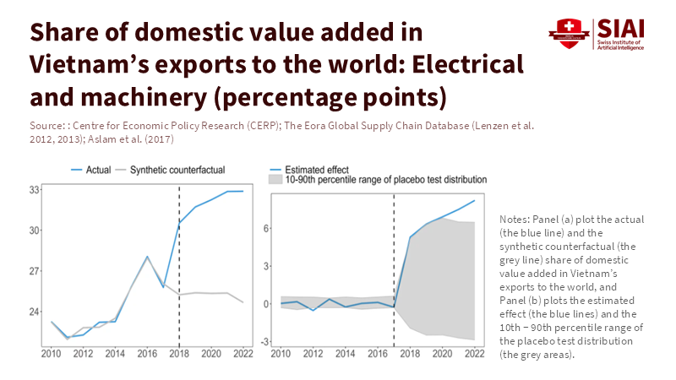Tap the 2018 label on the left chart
point(179,353)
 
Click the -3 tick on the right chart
point(264,341)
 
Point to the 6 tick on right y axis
point(265,228)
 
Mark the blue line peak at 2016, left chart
point(148,257)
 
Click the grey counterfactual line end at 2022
point(243,302)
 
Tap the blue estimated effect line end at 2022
point(474,200)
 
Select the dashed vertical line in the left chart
point(179,270)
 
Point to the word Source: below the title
point(47,125)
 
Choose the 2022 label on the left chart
point(243,353)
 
